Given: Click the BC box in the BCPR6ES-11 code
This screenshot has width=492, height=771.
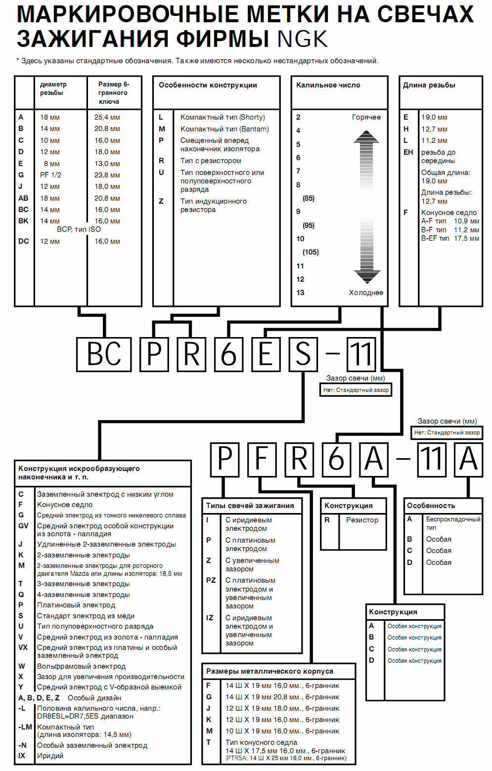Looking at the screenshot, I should coord(104,354).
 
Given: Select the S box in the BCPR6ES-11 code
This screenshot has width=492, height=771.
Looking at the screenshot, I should coord(303,354).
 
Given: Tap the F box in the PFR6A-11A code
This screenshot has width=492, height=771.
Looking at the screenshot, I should coord(262,459).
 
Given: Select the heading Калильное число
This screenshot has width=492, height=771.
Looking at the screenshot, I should coord(328,85).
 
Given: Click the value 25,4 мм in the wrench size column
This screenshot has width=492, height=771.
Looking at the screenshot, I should coord(107,117).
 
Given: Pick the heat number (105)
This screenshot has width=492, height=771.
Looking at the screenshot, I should coord(311,252).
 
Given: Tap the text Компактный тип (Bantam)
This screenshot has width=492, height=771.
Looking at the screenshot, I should coord(224,129).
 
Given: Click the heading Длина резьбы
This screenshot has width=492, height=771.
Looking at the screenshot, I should coord(429,85).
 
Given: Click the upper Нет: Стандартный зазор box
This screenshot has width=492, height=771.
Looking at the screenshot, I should coord(356,390).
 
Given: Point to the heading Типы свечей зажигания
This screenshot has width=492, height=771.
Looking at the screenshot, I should coord(250,506).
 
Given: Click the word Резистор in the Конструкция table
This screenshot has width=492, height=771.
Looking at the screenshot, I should coord(362,520).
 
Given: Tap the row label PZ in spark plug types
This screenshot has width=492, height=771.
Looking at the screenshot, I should coord(211,580).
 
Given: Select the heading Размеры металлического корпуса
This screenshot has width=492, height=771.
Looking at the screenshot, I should coord(269,671).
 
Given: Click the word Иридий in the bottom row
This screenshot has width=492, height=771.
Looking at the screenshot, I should coord(50,756).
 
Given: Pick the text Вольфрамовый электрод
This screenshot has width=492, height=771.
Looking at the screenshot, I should coord(82,666).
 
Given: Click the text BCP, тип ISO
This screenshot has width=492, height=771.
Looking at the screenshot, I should coord(79,229).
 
